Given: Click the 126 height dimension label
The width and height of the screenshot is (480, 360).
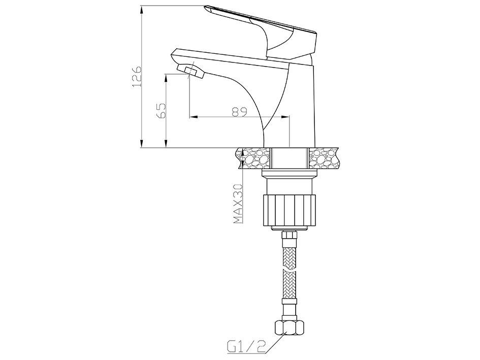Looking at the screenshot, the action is [x=137, y=76].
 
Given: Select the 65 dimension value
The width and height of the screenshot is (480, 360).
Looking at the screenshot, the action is [x=161, y=111].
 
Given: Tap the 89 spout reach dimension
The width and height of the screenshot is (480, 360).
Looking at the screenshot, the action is [x=239, y=112].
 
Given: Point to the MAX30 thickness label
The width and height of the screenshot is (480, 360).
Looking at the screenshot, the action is [x=238, y=204].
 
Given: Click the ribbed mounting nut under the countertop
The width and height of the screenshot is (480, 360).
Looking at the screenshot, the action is [x=289, y=210].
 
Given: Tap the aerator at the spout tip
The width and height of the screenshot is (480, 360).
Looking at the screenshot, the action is [x=190, y=71].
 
